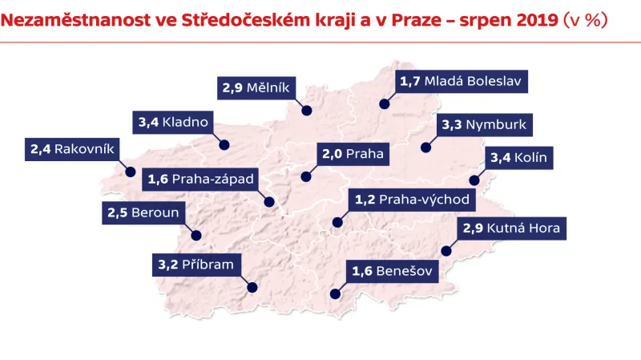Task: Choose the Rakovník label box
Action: pos(74,149)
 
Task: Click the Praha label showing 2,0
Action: pos(353,154)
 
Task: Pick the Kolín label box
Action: pos(518,158)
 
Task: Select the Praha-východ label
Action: pos(411,198)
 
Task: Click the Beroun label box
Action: pos(144,213)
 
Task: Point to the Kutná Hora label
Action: pos(512,229)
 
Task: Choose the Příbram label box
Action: pos(195,264)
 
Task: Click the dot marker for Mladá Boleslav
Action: pos(384,104)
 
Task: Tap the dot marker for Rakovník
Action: pos(130,171)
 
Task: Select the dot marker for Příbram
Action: pos(253,286)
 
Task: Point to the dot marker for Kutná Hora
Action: pos(446,252)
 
